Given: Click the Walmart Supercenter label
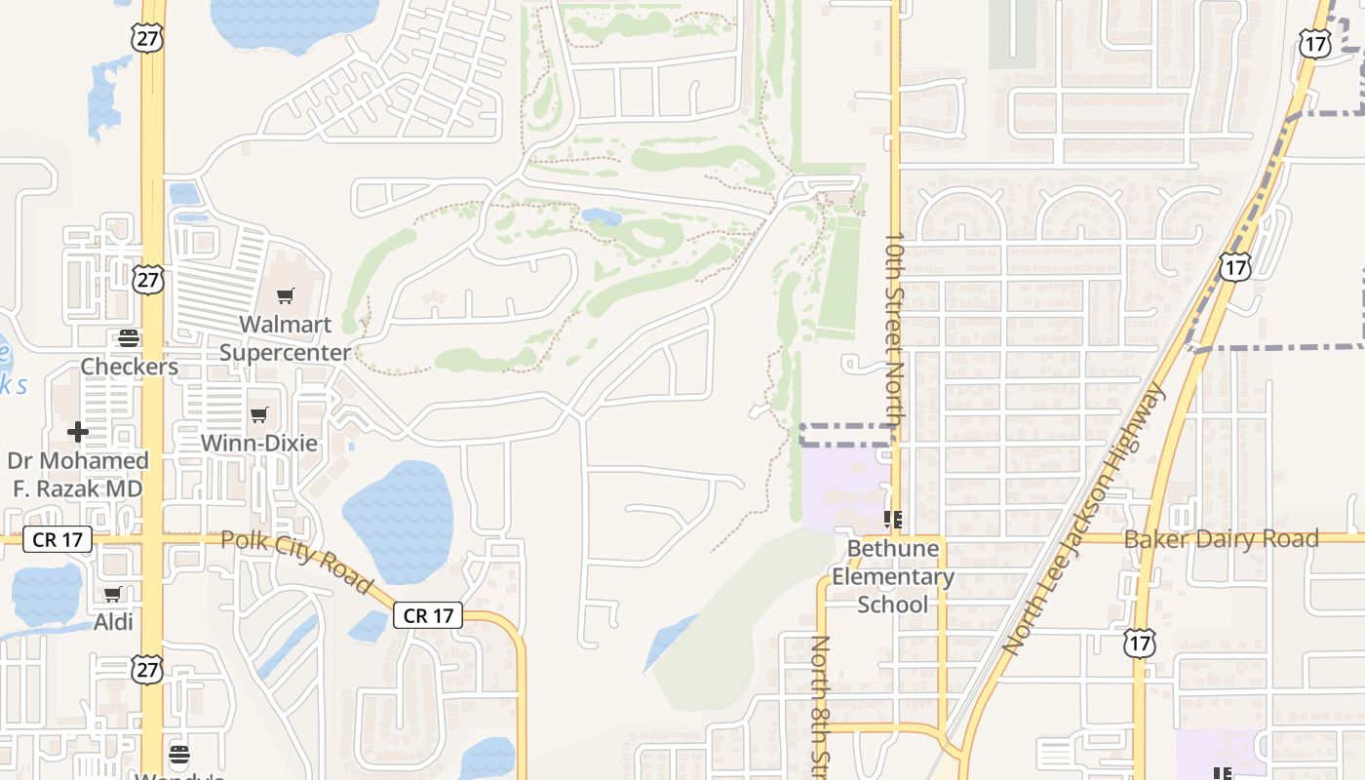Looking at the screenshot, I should point(285,337).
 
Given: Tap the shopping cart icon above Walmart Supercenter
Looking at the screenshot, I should point(285,295).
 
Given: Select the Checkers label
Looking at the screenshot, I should point(129,367).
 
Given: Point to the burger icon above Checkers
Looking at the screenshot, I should point(129,338).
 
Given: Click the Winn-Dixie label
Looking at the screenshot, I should point(258,443).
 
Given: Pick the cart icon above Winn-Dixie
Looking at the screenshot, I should point(258,415).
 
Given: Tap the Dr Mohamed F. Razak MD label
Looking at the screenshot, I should point(78,474).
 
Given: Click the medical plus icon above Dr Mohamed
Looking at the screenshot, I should point(78,431).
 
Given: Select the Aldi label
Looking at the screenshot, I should point(113,622).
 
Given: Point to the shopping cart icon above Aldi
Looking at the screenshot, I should point(113,594).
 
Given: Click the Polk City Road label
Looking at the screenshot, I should point(296,561).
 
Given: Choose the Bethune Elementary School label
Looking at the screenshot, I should point(892,576).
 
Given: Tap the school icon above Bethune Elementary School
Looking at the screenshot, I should point(892,519).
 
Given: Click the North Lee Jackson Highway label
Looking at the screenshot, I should point(1082,520).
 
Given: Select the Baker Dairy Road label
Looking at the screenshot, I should point(1221,538).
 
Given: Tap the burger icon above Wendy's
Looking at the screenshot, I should point(178,754).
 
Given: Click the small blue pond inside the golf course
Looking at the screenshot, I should point(602,216).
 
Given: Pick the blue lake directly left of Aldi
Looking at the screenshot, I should point(45,594).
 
